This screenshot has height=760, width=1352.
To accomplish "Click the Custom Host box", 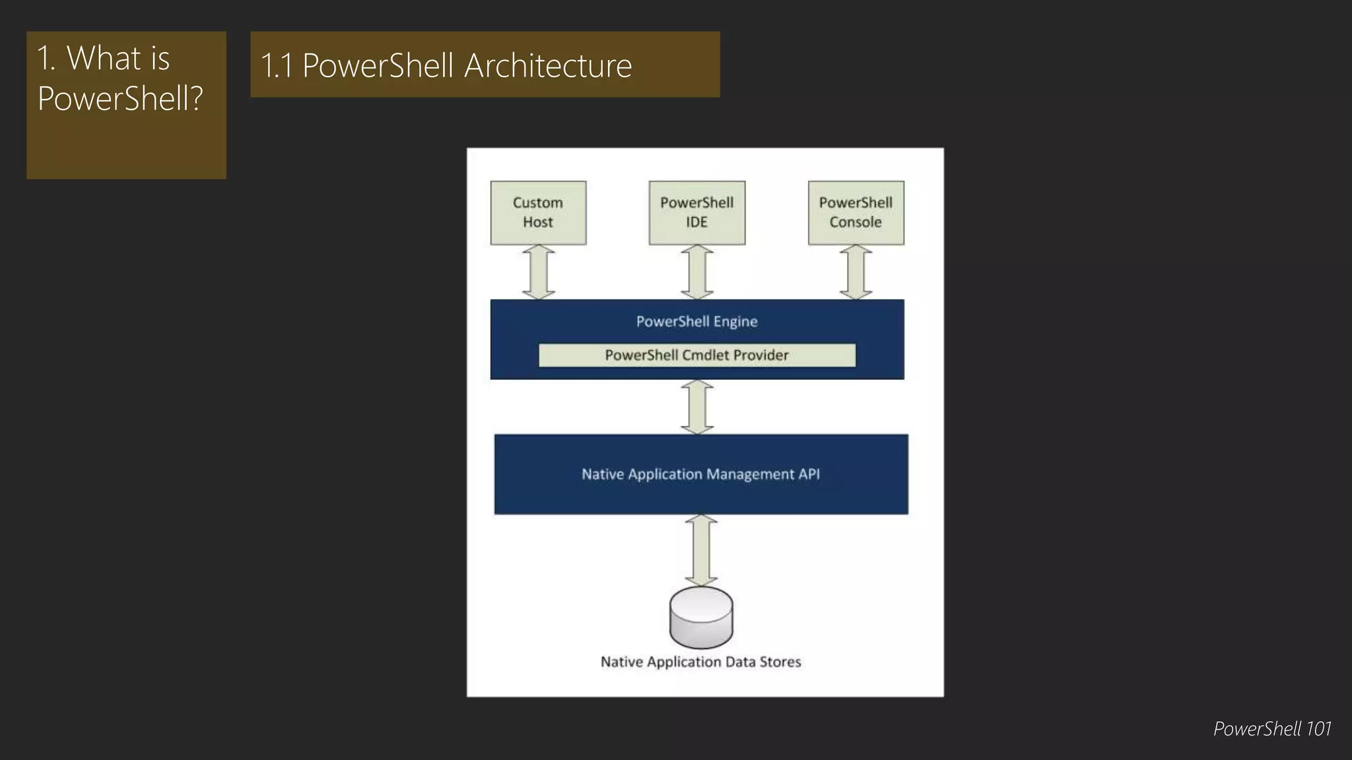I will (538, 212).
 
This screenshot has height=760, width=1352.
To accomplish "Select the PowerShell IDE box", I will (696, 212).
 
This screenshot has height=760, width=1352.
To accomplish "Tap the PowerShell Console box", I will (856, 212).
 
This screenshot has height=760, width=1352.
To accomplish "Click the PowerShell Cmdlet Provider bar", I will (696, 355).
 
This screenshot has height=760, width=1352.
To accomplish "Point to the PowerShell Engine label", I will (696, 321).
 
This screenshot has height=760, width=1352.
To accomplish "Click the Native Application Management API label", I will (700, 474).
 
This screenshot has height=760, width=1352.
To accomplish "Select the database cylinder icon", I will (700, 617).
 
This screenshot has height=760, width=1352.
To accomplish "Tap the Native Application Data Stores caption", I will (700, 662).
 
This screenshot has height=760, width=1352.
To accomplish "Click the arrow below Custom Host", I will (538, 272).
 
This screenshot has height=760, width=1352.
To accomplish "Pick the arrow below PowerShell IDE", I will (696, 272).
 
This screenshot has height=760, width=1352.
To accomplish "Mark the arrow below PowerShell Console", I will (856, 272).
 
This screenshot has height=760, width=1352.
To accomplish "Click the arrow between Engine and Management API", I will (696, 406).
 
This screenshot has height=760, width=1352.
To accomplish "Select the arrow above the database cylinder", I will (700, 550).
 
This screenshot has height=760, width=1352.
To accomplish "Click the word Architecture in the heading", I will (548, 65).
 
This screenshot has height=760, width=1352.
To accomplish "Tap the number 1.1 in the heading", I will (277, 65).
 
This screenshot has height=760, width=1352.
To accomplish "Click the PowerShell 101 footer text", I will (1271, 728).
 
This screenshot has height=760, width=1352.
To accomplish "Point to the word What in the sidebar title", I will (104, 58).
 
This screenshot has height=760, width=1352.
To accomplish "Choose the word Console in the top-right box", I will (856, 222).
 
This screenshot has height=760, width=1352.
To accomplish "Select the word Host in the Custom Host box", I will (538, 222).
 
